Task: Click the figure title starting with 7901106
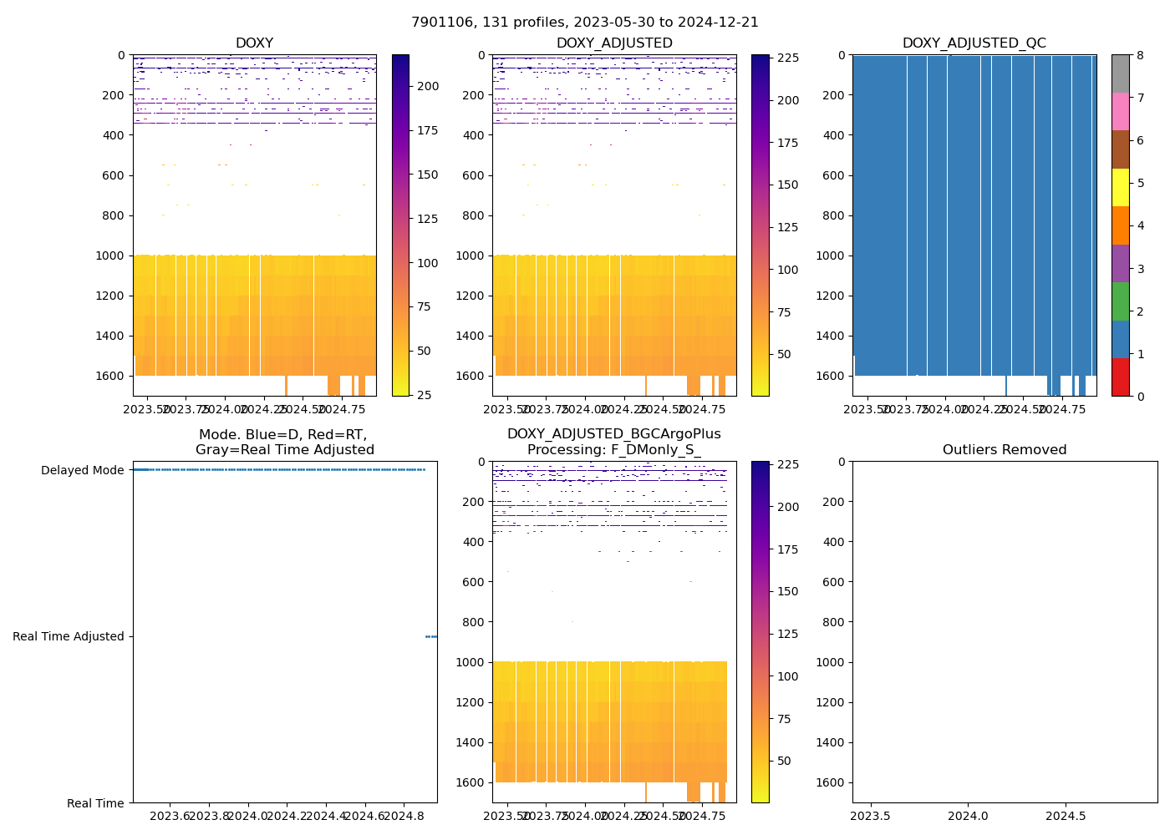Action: tap(585, 23)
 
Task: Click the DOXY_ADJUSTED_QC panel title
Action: tap(974, 43)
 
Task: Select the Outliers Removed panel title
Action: tap(1005, 450)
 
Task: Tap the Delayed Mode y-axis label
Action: tap(82, 470)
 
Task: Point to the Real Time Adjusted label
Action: tap(68, 636)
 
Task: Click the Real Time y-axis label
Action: tap(95, 803)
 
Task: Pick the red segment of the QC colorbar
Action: tap(1120, 377)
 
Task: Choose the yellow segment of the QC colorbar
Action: tap(1120, 187)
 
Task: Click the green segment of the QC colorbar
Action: tap(1120, 301)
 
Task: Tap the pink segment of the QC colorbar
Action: tap(1120, 111)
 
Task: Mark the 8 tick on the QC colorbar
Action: tap(1138, 55)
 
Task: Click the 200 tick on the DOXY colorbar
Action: tap(428, 86)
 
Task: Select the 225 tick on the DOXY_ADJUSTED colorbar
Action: tap(787, 58)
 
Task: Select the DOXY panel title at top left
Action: tap(254, 43)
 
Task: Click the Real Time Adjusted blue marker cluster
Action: tap(431, 636)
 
